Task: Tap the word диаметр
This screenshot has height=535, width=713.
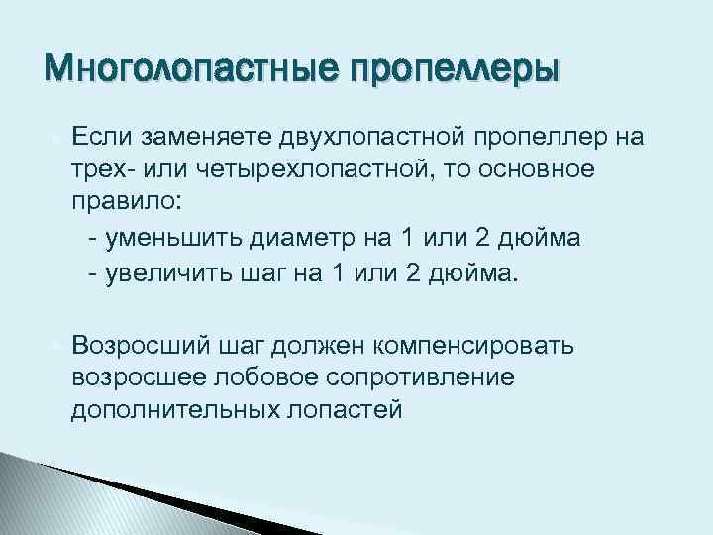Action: [x=279, y=239]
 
